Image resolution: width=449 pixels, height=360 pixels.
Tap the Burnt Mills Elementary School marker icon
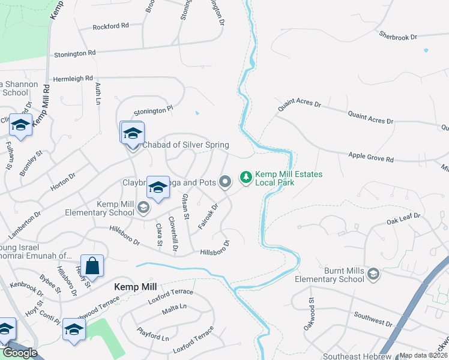click(373, 275)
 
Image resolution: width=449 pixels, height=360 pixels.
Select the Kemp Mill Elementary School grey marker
click(143, 208)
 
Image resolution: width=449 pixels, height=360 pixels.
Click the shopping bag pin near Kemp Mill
click(93, 266)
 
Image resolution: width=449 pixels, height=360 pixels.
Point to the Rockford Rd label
click(110, 26)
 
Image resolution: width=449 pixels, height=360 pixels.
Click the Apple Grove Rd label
click(371, 158)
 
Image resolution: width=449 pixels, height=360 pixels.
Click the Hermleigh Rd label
click(73, 79)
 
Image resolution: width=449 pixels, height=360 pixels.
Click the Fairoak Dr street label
click(208, 215)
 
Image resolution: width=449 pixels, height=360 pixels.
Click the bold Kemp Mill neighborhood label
click(136, 287)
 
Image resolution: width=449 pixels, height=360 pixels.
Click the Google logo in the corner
click(20, 353)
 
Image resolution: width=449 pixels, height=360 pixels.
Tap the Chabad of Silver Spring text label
click(185, 145)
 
